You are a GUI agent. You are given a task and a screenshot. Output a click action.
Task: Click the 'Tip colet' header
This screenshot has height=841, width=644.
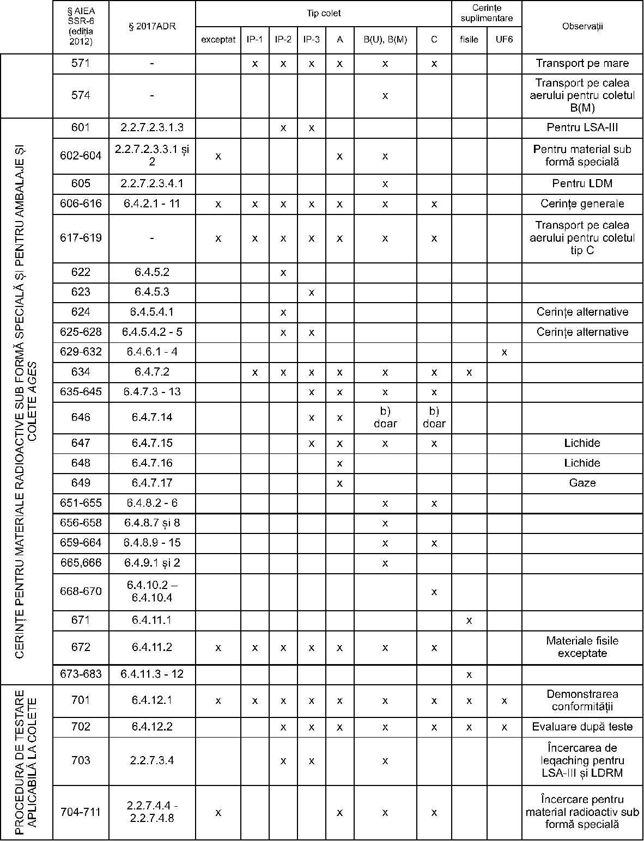tap(324, 13)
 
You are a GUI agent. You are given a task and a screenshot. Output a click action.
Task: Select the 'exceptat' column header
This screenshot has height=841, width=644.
tap(218, 39)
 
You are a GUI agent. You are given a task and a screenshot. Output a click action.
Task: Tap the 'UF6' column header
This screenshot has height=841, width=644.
tap(504, 39)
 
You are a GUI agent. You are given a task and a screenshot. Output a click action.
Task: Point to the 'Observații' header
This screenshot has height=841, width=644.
tap(582, 26)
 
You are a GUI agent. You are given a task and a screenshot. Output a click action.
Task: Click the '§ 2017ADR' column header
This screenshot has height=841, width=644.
tap(152, 26)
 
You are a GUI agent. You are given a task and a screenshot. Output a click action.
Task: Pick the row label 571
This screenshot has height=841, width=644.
tap(81, 63)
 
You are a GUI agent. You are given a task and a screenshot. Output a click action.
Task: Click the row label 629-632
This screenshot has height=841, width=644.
tap(81, 352)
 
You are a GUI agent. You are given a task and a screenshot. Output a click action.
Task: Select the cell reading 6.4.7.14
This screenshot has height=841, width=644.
tap(152, 418)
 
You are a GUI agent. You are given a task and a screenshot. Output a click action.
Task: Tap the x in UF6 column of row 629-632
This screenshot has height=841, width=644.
tap(504, 352)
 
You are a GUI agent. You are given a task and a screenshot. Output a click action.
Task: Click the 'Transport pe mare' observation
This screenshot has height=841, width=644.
tap(582, 63)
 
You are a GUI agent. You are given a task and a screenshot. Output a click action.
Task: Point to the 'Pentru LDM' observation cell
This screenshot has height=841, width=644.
tap(582, 183)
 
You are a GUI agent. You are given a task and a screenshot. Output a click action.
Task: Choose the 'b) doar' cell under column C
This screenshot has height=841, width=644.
tap(434, 418)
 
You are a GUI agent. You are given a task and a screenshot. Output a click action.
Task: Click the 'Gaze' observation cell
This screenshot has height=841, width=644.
tap(582, 483)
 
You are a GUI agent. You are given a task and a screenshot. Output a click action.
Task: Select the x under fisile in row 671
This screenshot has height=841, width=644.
tap(469, 621)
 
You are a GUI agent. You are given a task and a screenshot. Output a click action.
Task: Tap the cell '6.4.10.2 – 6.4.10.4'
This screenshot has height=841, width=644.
tap(152, 591)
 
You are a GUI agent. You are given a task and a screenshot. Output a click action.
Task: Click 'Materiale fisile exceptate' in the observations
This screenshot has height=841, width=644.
tap(582, 647)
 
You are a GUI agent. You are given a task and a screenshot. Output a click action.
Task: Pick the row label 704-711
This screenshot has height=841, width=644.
tap(81, 812)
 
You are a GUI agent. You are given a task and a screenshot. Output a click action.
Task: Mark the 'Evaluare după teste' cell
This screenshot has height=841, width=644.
tap(582, 727)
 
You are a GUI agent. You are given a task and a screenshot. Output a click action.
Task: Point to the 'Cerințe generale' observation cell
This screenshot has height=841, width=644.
tap(582, 204)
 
